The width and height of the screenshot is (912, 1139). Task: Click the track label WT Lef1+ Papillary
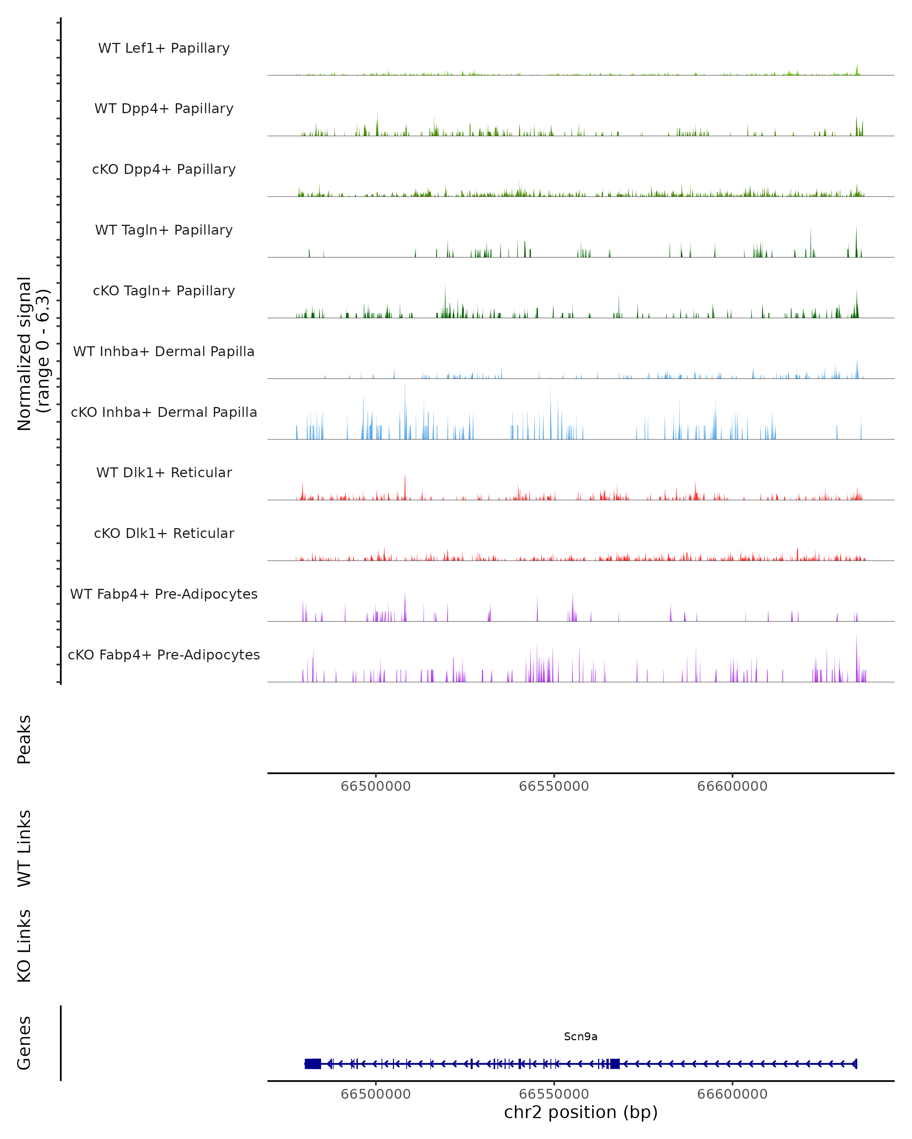pyautogui.click(x=164, y=48)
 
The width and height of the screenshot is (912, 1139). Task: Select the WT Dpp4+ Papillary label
pyautogui.click(x=164, y=109)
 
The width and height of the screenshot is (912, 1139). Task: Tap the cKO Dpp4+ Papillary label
pyautogui.click(x=164, y=170)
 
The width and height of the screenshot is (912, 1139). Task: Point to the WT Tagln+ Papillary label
pyautogui.click(x=164, y=230)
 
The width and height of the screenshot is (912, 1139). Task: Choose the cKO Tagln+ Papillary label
pyautogui.click(x=164, y=291)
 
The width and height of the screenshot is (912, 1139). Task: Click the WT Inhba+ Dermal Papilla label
pyautogui.click(x=164, y=352)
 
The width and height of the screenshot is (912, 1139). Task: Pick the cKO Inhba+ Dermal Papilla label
pyautogui.click(x=164, y=413)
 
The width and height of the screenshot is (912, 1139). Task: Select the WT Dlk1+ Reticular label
pyautogui.click(x=164, y=473)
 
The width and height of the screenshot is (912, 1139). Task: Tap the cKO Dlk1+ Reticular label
pyautogui.click(x=164, y=533)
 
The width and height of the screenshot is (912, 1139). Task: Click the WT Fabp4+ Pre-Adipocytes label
pyautogui.click(x=164, y=594)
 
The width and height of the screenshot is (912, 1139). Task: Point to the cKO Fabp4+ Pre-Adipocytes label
pyautogui.click(x=164, y=655)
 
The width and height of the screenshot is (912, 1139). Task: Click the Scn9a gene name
pyautogui.click(x=581, y=1036)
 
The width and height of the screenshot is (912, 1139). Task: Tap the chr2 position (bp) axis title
pyautogui.click(x=581, y=1112)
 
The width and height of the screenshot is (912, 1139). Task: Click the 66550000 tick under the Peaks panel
pyautogui.click(x=554, y=786)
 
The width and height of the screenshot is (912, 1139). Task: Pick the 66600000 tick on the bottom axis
pyautogui.click(x=732, y=1094)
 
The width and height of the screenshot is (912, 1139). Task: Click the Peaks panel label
pyautogui.click(x=24, y=740)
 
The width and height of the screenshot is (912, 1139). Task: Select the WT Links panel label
pyautogui.click(x=24, y=849)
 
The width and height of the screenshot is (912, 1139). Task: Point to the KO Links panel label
pyautogui.click(x=24, y=946)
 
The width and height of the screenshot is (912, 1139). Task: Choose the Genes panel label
pyautogui.click(x=24, y=1043)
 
